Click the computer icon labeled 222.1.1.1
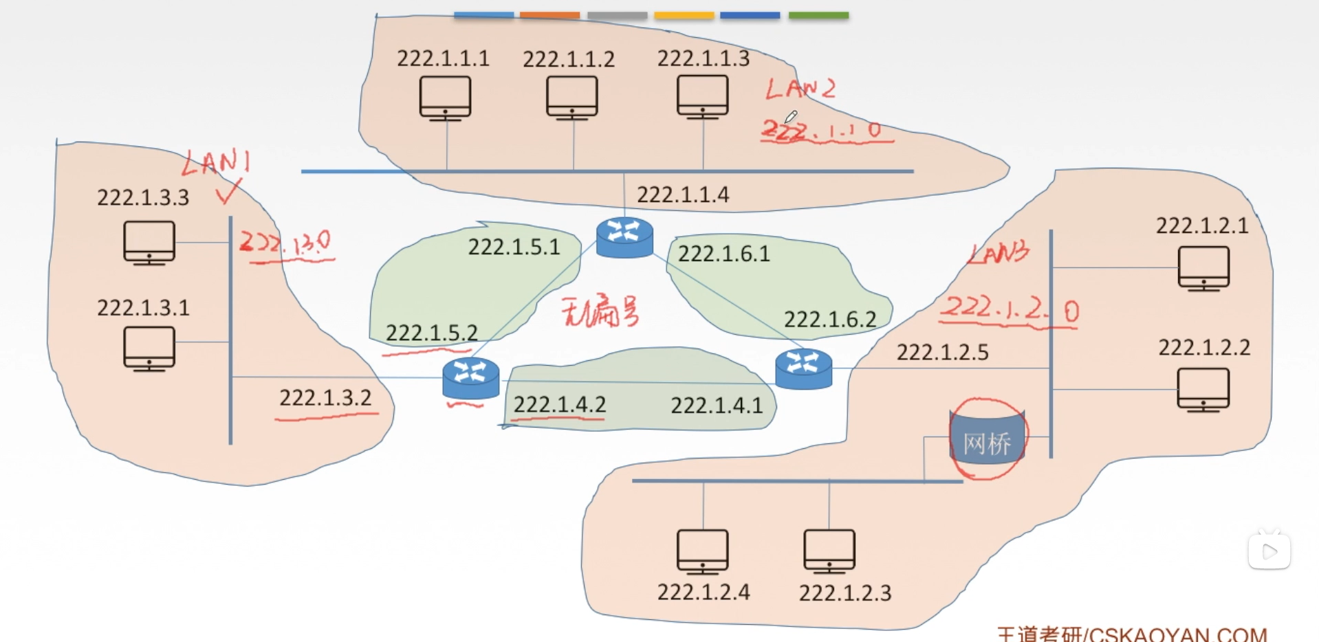[x=445, y=98]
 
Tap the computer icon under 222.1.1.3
[x=702, y=97]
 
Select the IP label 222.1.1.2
[x=568, y=59]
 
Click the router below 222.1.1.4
[x=624, y=237]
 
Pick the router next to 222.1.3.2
[x=471, y=378]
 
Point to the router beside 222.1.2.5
[x=803, y=368]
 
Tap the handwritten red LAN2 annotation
[x=800, y=89]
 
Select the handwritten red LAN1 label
[x=215, y=163]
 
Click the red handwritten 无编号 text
[x=600, y=312]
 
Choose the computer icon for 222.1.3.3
[x=149, y=242]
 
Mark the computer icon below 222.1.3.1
[x=149, y=348]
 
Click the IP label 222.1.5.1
[x=514, y=247]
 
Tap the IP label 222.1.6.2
[x=830, y=319]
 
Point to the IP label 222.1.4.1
[x=717, y=406]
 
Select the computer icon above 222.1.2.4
[x=702, y=551]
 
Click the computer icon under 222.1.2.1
[x=1203, y=268]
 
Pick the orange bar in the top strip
[x=549, y=15]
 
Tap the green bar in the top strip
[x=818, y=15]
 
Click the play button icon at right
[x=1269, y=551]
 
